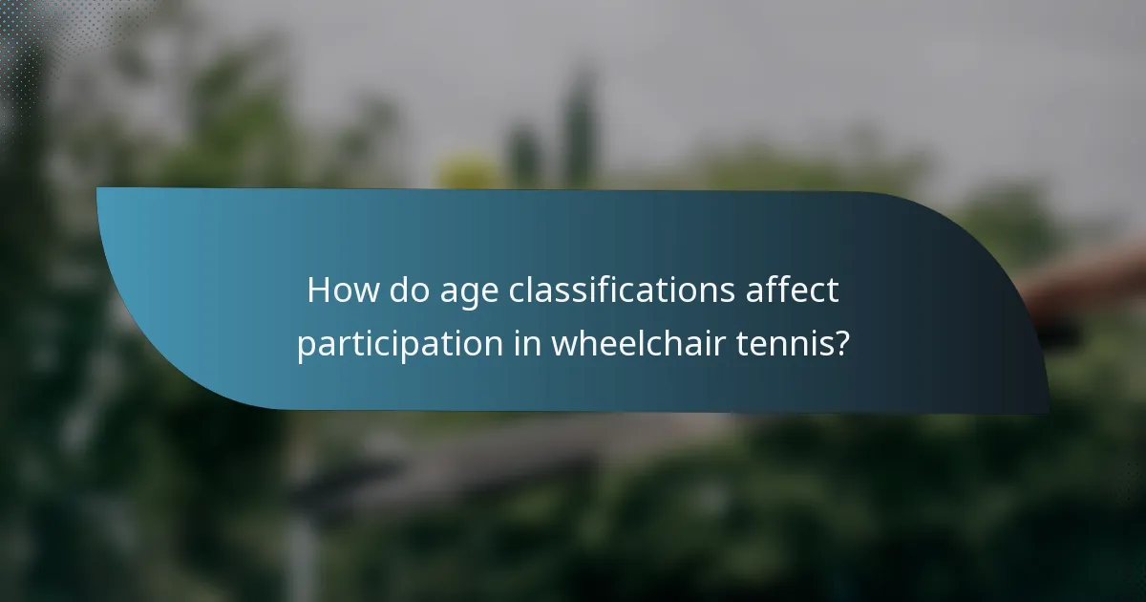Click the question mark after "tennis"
pos(840,343)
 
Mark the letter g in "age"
pos(470,295)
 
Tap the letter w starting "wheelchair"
pos(563,344)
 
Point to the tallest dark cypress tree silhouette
pos(578,124)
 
